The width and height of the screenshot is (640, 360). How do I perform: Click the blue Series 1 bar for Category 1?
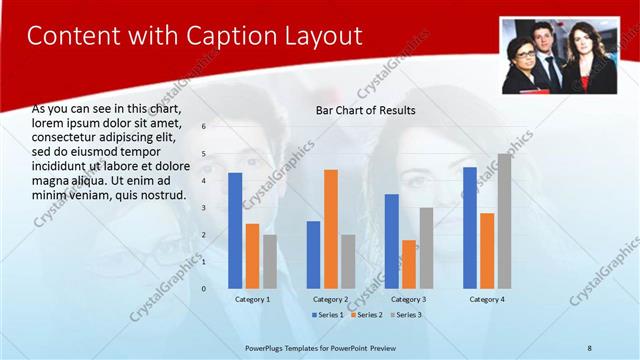coord(235,230)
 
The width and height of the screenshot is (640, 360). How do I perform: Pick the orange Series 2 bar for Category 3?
coord(409,263)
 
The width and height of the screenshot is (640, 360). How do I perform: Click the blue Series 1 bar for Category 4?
coord(470,227)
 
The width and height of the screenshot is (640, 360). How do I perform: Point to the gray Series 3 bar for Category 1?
coord(270,261)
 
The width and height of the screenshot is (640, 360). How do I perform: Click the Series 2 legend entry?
coord(365,315)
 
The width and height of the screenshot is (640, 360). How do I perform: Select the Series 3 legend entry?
coord(404,315)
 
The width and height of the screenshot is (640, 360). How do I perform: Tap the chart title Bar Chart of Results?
coord(365,110)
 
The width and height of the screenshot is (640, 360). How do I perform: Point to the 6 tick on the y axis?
coord(203,127)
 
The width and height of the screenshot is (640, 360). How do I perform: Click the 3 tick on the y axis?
coord(203,208)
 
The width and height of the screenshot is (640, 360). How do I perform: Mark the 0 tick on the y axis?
coord(203,289)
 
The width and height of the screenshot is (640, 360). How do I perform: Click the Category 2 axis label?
coord(331,299)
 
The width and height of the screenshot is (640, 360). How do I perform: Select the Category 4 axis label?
coord(487,299)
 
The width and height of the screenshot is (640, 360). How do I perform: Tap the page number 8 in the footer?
coord(590,346)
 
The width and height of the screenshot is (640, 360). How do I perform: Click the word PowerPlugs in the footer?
coord(266,346)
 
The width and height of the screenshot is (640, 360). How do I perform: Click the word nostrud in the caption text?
coord(163,195)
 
